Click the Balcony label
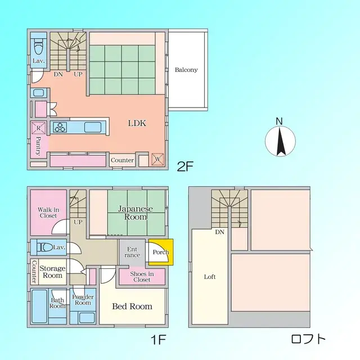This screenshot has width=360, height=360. (186, 70)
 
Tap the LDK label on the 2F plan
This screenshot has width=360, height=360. (137, 123)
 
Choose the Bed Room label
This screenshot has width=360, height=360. (132, 307)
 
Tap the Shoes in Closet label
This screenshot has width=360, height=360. (141, 276)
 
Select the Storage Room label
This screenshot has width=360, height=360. (52, 272)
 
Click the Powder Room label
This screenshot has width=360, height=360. (83, 299)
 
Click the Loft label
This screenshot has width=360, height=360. (209, 277)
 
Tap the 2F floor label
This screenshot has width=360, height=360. (185, 166)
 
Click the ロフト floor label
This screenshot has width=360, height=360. (308, 339)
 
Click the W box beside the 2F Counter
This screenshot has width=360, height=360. (157, 159)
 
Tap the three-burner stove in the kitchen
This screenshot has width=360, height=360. (60, 127)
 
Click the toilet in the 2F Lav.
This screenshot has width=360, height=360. (38, 46)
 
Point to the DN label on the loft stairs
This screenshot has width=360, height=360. (219, 232)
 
